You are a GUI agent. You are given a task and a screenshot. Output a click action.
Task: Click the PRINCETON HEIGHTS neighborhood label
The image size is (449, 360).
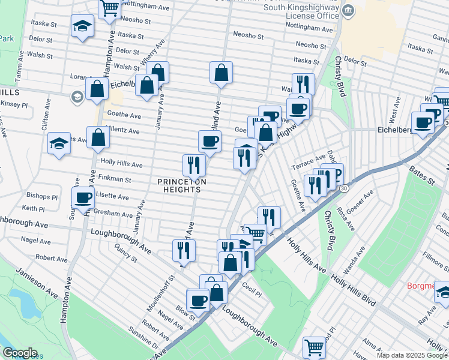click(178, 185)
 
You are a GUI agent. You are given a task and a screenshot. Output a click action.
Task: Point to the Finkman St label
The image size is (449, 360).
click(116, 179)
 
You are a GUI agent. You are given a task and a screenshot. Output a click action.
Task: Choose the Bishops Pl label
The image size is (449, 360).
click(42, 196)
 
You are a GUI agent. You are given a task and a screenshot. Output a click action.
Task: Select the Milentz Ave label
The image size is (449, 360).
click(124, 130)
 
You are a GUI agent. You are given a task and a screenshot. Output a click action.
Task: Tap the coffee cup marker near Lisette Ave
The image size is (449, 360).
click(83, 197)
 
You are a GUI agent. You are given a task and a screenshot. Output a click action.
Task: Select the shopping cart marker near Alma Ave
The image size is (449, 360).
click(314, 346)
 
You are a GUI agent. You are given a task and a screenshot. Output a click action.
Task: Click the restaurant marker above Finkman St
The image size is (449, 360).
click(194, 163)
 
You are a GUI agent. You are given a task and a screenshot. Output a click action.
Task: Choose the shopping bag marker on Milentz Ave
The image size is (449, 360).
click(98, 137)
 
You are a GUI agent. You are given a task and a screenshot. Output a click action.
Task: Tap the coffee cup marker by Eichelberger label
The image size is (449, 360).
click(423, 122)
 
